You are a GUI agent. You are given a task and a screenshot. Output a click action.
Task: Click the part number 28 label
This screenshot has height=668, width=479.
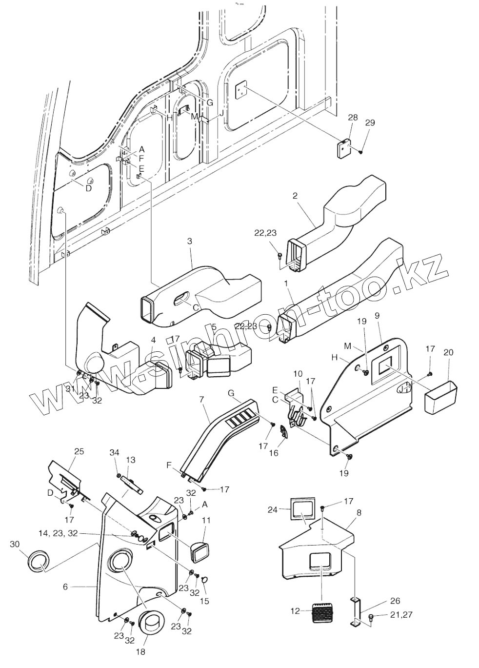click(353, 117)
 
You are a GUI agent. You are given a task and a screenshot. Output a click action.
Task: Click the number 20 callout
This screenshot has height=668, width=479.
click(448, 352)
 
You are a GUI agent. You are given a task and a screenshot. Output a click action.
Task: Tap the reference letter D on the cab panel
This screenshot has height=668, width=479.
click(88, 188)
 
